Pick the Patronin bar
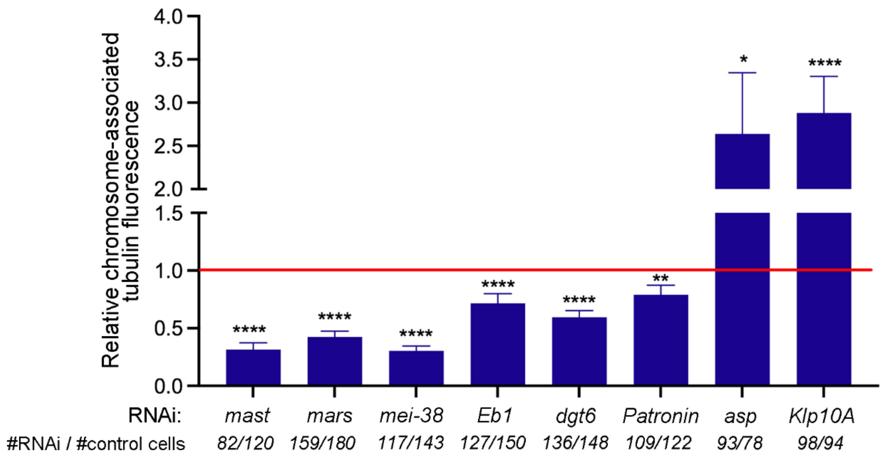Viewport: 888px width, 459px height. pyautogui.click(x=660, y=340)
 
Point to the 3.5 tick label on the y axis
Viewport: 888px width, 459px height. pyautogui.click(x=168, y=60)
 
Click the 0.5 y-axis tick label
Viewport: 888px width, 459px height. pyautogui.click(x=168, y=328)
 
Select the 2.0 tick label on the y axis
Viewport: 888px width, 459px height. pyautogui.click(x=168, y=189)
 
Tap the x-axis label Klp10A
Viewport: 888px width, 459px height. pyautogui.click(x=822, y=416)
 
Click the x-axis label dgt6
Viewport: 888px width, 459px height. pyautogui.click(x=576, y=416)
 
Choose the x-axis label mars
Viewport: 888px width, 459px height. pyautogui.click(x=330, y=416)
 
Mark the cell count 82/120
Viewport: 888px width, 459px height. pyautogui.click(x=245, y=443)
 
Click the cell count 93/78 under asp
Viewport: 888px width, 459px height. pyautogui.click(x=739, y=443)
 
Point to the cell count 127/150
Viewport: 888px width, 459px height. pyautogui.click(x=493, y=443)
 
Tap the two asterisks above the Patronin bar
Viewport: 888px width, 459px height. pyautogui.click(x=660, y=278)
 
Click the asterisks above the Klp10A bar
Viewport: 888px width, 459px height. pyautogui.click(x=825, y=63)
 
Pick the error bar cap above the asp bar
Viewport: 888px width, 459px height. pyautogui.click(x=742, y=73)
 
